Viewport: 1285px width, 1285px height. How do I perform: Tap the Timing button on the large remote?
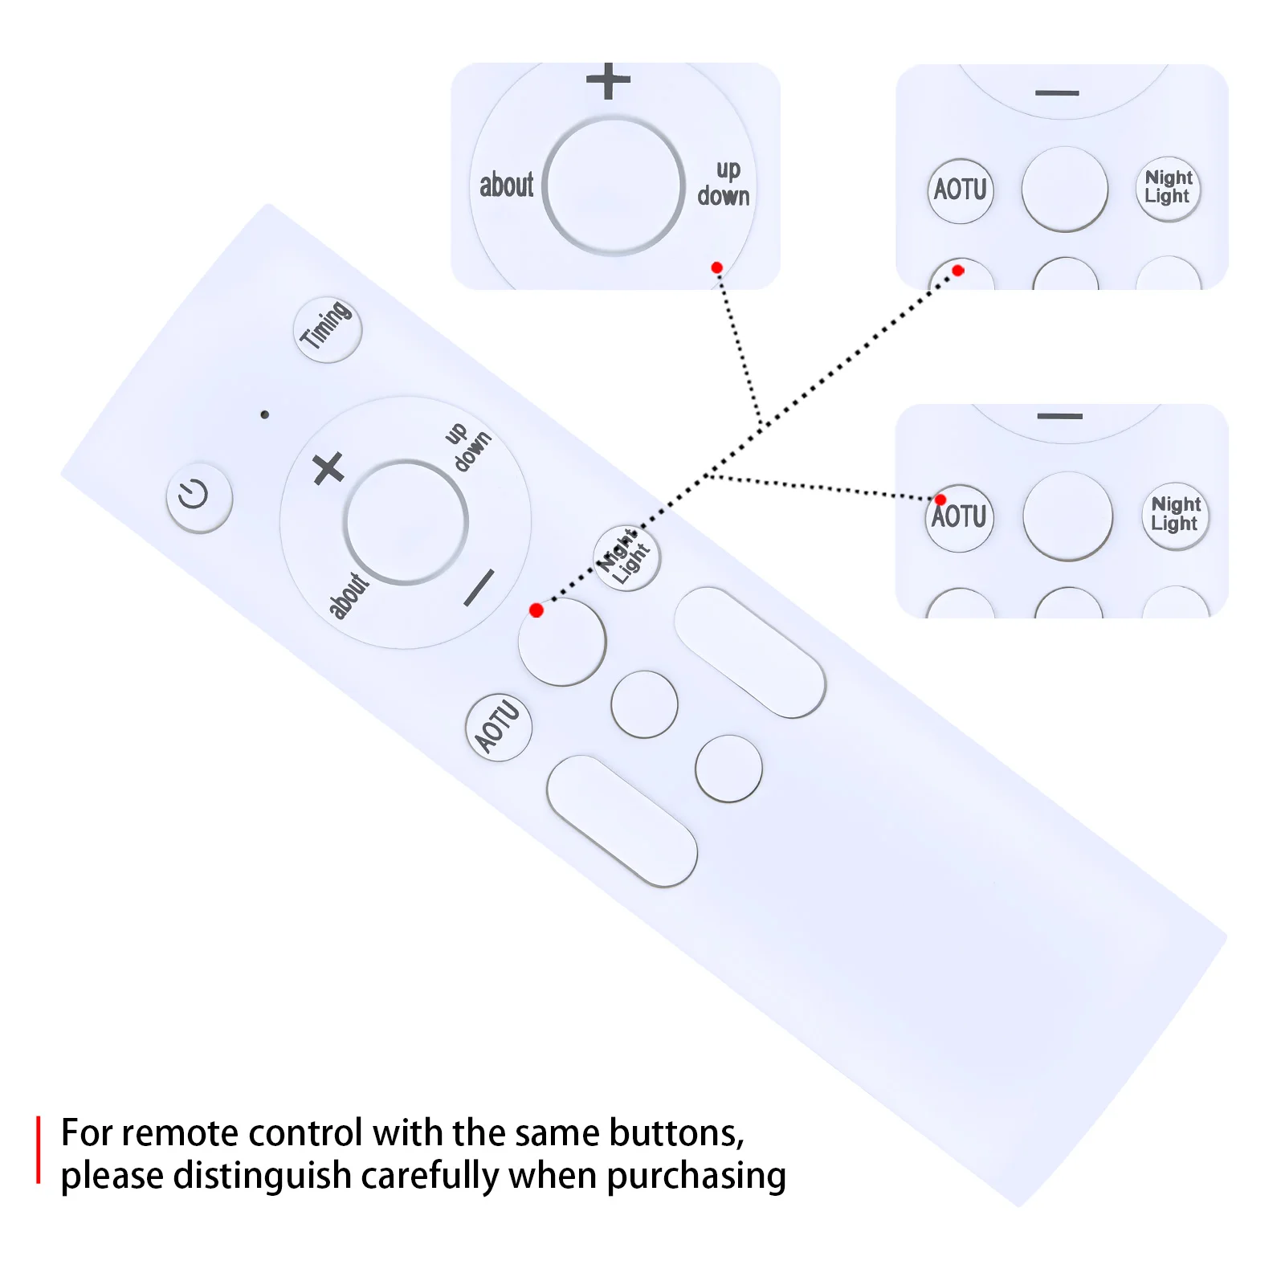point(328,329)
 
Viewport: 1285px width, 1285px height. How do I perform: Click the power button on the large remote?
point(199,497)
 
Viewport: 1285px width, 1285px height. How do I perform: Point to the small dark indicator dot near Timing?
point(265,414)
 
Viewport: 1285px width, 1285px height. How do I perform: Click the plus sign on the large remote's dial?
point(328,468)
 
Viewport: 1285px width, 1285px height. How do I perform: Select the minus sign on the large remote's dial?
point(479,588)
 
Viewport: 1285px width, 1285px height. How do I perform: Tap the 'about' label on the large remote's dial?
point(349,595)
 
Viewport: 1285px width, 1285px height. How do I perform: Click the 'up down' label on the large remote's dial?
point(468,446)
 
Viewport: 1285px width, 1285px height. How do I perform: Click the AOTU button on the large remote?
point(499,727)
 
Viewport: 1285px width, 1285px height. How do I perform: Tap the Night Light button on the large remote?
point(626,557)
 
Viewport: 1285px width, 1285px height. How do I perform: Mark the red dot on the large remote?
point(536,610)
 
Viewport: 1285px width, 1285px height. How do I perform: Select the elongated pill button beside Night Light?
point(749,652)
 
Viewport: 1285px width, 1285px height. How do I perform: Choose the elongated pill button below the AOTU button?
point(622,820)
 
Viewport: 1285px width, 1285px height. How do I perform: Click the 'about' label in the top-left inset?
point(506,186)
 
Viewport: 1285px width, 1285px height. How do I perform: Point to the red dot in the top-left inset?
point(716,267)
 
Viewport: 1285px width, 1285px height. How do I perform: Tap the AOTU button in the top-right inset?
point(961,190)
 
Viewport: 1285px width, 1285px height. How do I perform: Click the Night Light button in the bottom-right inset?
point(1175,515)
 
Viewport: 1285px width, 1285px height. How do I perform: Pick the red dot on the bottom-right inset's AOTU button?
point(940,500)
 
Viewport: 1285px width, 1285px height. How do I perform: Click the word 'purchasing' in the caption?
point(696,1176)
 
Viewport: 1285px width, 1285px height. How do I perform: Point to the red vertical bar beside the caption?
point(38,1149)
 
